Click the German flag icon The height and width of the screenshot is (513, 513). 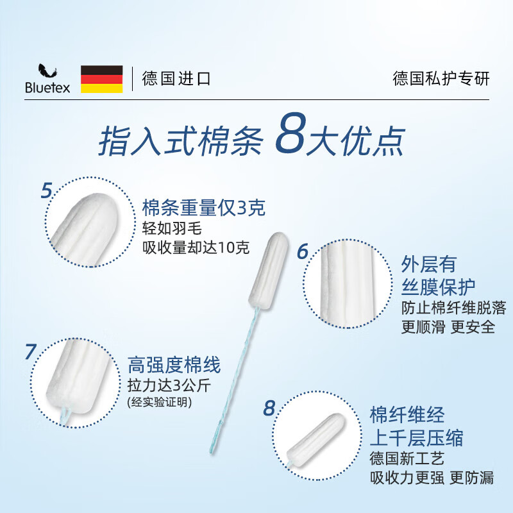[101, 78]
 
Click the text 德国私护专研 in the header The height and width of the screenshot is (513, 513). [441, 79]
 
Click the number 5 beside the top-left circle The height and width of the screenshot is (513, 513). [46, 190]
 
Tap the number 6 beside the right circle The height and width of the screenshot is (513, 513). [302, 252]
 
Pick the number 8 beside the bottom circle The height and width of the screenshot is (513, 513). [269, 408]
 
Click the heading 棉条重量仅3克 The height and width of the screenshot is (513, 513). [203, 208]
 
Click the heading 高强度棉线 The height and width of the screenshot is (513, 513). [174, 366]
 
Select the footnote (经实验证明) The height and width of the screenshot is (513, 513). [160, 402]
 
